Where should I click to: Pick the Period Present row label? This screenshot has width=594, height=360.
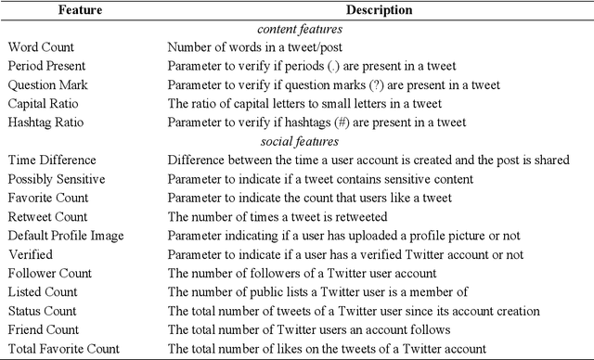46,65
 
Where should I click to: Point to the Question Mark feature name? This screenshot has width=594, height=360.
46,84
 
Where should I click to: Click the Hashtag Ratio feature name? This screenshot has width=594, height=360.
45,122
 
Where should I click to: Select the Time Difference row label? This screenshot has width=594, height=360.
50,160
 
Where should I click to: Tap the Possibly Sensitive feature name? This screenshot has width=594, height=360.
56,178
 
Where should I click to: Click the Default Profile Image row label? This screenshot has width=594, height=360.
65,235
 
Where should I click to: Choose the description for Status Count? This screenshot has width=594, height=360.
354,311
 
